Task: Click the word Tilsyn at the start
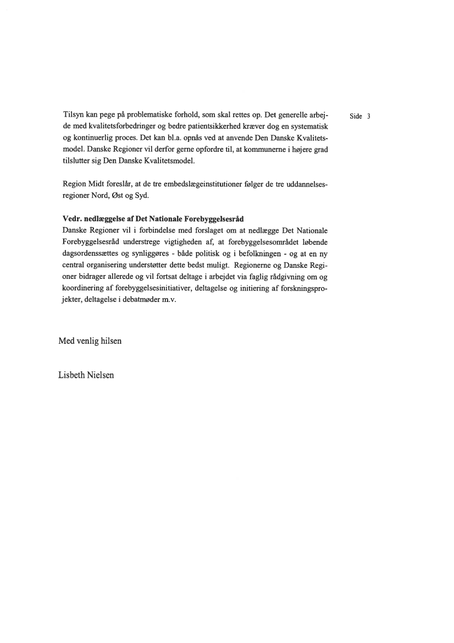pos(73,116)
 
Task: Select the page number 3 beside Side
pos(369,116)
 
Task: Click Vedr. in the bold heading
pos(73,218)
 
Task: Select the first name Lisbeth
pos(71,375)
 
